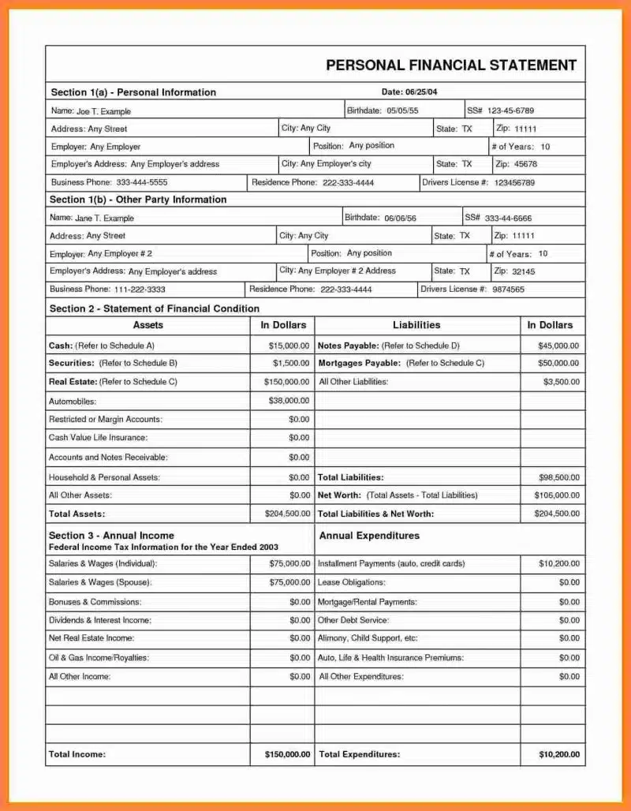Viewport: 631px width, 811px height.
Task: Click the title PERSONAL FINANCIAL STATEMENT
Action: click(451, 65)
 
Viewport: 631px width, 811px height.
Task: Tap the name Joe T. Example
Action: click(103, 112)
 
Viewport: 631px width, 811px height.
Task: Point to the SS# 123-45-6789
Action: click(510, 110)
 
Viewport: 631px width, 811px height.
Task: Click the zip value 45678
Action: click(525, 164)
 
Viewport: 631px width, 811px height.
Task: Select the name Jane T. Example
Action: click(104, 219)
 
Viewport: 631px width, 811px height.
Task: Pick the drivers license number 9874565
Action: click(508, 290)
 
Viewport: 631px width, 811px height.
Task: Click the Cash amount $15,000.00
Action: click(289, 346)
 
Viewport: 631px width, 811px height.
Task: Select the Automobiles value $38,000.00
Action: click(289, 401)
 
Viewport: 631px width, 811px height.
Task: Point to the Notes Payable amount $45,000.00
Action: click(558, 346)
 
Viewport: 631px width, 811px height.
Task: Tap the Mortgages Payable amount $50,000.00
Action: click(558, 363)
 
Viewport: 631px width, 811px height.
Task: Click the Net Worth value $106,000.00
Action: click(557, 495)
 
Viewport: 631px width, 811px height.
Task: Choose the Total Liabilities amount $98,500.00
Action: click(558, 477)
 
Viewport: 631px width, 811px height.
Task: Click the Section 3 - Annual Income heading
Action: click(111, 536)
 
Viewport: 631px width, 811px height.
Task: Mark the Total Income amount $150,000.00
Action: click(288, 754)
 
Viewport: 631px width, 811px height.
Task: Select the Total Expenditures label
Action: click(359, 754)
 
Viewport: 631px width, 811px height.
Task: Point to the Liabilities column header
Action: click(416, 325)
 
